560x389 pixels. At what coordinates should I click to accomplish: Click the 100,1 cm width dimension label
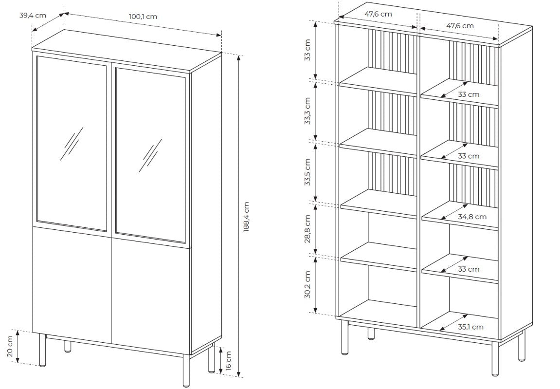pyautogui.click(x=143, y=17)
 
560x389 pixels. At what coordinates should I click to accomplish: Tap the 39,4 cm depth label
pyautogui.click(x=33, y=15)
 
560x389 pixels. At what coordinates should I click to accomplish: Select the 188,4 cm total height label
pyautogui.click(x=246, y=217)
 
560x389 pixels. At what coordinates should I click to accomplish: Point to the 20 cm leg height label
pyautogui.click(x=10, y=346)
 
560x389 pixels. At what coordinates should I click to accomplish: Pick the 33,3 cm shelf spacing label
pyautogui.click(x=307, y=111)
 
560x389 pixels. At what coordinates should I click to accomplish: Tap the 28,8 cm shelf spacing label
pyautogui.click(x=307, y=229)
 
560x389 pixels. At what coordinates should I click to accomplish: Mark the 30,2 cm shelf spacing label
pyautogui.click(x=307, y=284)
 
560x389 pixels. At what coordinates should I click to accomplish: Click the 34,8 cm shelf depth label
pyautogui.click(x=472, y=217)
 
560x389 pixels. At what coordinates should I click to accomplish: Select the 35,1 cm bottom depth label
pyautogui.click(x=470, y=327)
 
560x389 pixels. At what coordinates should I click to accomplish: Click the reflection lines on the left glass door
pyautogui.click(x=72, y=144)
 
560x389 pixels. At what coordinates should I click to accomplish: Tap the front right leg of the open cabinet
pyautogui.click(x=495, y=358)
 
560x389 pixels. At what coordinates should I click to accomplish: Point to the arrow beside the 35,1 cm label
pyautogui.click(x=453, y=322)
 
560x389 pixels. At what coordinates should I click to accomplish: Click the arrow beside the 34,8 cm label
pyautogui.click(x=454, y=212)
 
